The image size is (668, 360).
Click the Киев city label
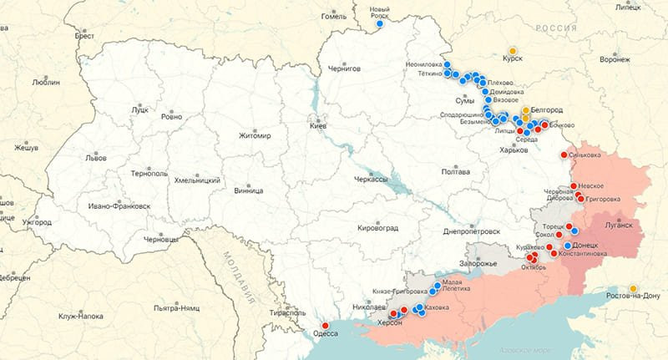pos(318,126)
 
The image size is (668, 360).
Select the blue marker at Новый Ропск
pos(380,23)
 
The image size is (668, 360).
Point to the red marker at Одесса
pos(325,326)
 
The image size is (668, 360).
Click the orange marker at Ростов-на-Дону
pos(633,287)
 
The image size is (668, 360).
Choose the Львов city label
pos(96,157)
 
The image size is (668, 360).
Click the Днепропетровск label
pos(472,231)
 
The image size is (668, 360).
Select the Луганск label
pos(620,226)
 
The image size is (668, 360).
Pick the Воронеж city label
pos(615,60)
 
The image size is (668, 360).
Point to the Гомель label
pos(334,17)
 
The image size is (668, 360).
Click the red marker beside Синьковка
pos(566,155)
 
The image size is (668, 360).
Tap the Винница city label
pos(225,190)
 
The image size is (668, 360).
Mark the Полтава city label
pos(455,172)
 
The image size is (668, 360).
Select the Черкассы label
pos(371,180)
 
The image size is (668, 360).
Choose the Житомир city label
pos(255,134)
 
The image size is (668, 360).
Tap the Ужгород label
pos(37,222)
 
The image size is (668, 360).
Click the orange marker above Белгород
pos(525,110)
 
